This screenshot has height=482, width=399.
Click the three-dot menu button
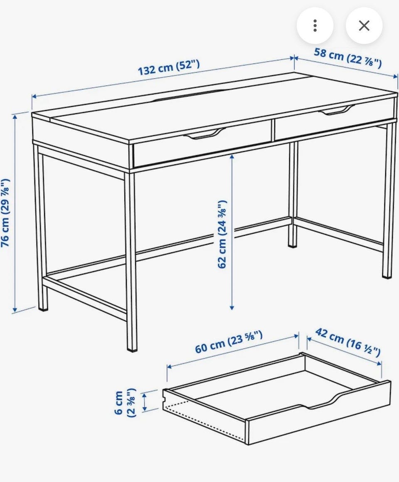pyautogui.click(x=315, y=25)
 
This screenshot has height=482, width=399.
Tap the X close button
pyautogui.click(x=364, y=25)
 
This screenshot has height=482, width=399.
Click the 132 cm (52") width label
pyautogui.click(x=169, y=68)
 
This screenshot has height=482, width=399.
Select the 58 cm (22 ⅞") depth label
pyautogui.click(x=348, y=58)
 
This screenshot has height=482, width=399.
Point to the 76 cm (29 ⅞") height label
pyautogui.click(x=5, y=213)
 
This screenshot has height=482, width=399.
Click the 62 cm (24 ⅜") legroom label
pyautogui.click(x=222, y=234)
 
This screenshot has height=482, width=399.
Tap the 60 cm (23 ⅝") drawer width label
pyautogui.click(x=229, y=342)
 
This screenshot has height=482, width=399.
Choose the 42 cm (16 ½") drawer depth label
pyautogui.click(x=348, y=342)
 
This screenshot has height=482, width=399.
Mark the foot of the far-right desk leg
pyautogui.click(x=387, y=276)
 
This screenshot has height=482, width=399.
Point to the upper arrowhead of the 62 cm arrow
pyautogui.click(x=232, y=157)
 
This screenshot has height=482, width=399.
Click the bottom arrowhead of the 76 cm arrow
pyautogui.click(x=15, y=309)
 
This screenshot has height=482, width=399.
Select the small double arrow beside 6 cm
pyautogui.click(x=144, y=402)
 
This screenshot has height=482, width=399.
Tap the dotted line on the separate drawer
pyautogui.click(x=204, y=421)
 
